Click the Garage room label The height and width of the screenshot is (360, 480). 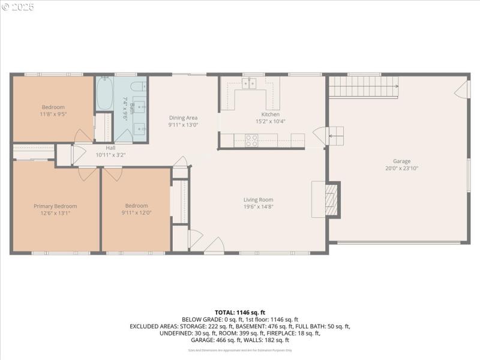tap(401, 161)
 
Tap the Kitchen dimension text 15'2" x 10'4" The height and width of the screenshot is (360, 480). tap(270, 121)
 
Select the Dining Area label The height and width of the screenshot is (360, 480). tap(183, 118)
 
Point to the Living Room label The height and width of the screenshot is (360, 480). tap(258, 200)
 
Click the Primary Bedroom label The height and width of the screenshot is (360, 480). tap(55, 206)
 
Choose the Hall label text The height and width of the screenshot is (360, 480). tap(110, 148)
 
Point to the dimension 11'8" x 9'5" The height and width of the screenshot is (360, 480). tap(53, 114)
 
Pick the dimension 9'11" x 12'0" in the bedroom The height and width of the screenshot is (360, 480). tap(136, 212)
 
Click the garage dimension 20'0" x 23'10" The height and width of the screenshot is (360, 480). tap(401, 168)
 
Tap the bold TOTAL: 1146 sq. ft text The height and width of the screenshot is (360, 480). tap(240, 313)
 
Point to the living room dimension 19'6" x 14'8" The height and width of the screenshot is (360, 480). tap(258, 206)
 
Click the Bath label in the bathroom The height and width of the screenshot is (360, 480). tap(132, 109)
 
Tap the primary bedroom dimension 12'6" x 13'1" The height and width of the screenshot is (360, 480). tap(55, 212)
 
